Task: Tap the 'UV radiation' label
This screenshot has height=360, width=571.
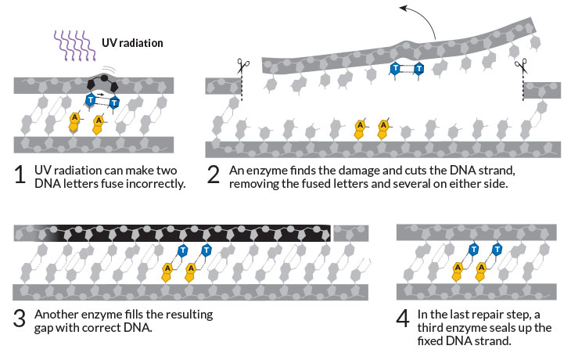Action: click(132, 43)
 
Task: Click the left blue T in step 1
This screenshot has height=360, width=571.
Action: click(91, 100)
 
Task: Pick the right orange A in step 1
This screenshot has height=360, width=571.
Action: click(99, 121)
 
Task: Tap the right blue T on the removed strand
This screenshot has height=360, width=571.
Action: click(419, 69)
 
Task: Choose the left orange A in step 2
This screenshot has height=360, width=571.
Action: click(360, 124)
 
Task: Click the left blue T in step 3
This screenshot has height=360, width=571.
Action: click(182, 250)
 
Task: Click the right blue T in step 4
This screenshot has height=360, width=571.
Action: click(497, 250)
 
